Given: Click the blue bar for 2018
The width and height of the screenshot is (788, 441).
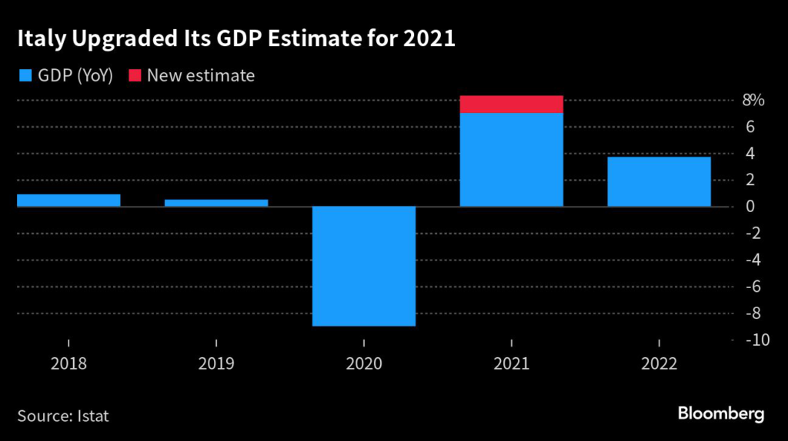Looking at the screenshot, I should click(x=68, y=201).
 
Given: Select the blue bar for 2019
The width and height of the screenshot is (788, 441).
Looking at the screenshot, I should click(x=216, y=203).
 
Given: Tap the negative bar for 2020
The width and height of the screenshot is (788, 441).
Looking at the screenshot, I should click(x=364, y=266).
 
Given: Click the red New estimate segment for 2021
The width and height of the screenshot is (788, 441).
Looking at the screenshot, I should click(x=512, y=104).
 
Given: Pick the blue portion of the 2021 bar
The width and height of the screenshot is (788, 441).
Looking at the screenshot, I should click(x=512, y=160).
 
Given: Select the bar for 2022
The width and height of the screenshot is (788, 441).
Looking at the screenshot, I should click(x=659, y=181).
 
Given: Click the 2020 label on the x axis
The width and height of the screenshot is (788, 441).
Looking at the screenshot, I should click(x=364, y=363).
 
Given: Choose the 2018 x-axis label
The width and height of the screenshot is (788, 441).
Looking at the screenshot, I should click(x=68, y=363).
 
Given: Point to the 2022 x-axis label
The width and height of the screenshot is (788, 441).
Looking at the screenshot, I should click(x=659, y=363).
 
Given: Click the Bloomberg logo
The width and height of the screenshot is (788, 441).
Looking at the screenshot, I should click(x=720, y=414).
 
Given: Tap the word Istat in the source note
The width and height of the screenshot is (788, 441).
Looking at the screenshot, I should click(x=92, y=416).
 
